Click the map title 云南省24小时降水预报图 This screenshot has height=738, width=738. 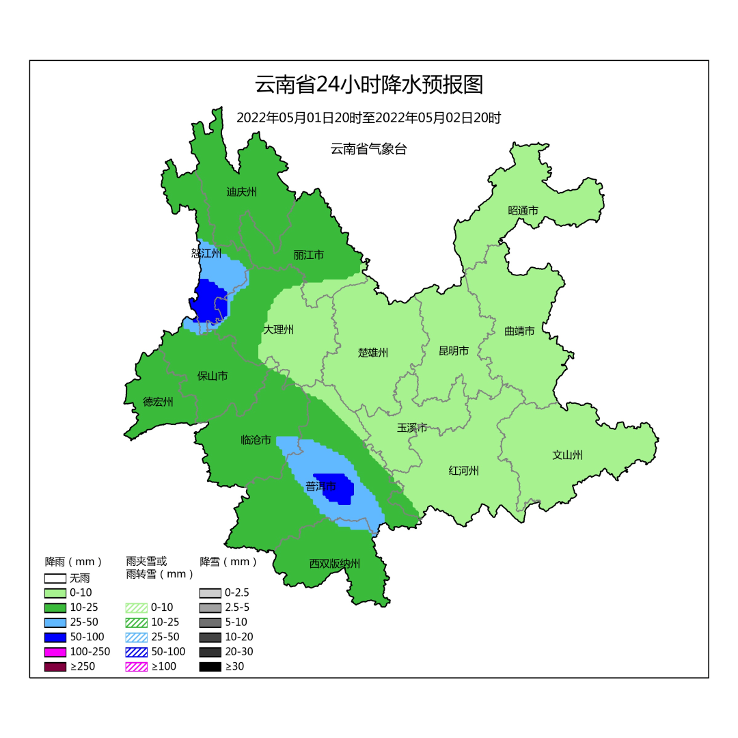point(368,85)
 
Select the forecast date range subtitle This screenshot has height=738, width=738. point(368,118)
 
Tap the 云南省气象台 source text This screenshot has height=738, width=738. point(368,149)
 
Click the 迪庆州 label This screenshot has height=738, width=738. point(241,192)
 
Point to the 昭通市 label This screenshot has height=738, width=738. point(523,210)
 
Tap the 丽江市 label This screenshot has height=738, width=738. point(309,255)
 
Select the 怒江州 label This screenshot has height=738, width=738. point(206,254)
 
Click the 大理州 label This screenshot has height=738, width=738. point(279,329)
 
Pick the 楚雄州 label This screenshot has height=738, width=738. point(373,353)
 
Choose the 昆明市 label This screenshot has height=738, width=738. point(454,351)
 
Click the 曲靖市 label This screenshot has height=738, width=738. point(519,331)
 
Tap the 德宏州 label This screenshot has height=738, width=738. point(158,402)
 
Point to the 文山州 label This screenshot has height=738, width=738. point(567,455)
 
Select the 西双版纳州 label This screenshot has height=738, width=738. point(334,564)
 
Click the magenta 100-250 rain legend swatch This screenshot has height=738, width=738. point(55,652)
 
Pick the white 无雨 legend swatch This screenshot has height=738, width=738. point(55,578)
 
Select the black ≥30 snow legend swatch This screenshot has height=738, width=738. point(210,666)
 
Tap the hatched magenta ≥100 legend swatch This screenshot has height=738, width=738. point(136,666)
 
